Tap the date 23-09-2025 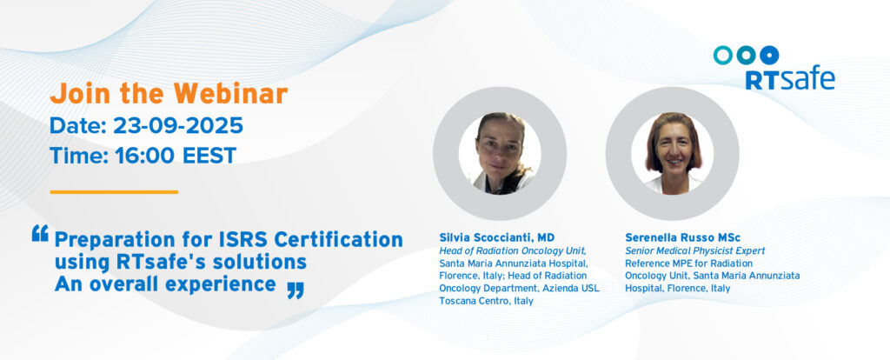point(178,125)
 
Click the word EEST point(209,155)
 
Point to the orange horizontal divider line point(114,192)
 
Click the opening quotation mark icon point(40,233)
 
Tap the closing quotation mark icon point(296,290)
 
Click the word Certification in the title point(339,240)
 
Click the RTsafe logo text point(789,79)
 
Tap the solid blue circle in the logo point(769,55)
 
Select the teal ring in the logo point(722,55)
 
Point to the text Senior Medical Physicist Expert point(694,250)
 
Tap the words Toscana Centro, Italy point(486,301)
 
